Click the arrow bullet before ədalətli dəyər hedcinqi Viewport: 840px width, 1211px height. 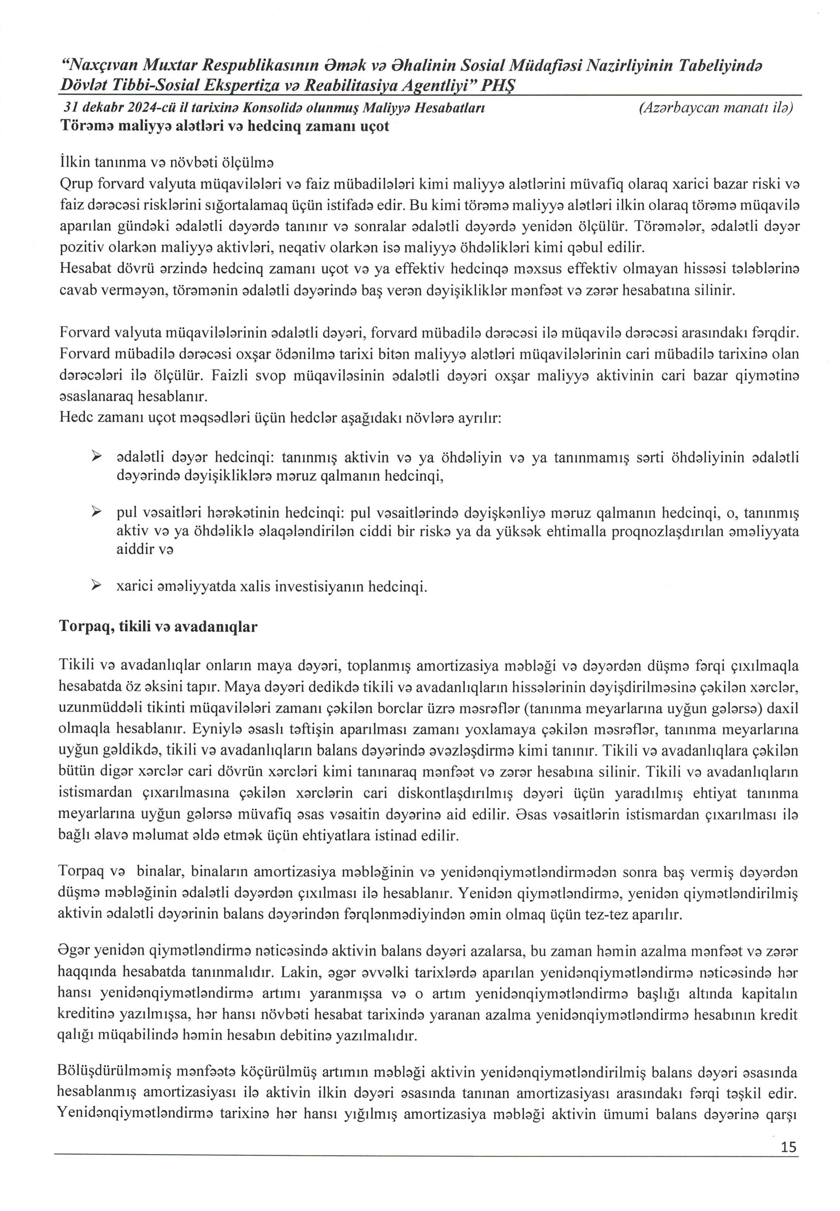pos(96,457)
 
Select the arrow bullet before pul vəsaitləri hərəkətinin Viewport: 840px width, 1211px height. pos(96,512)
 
